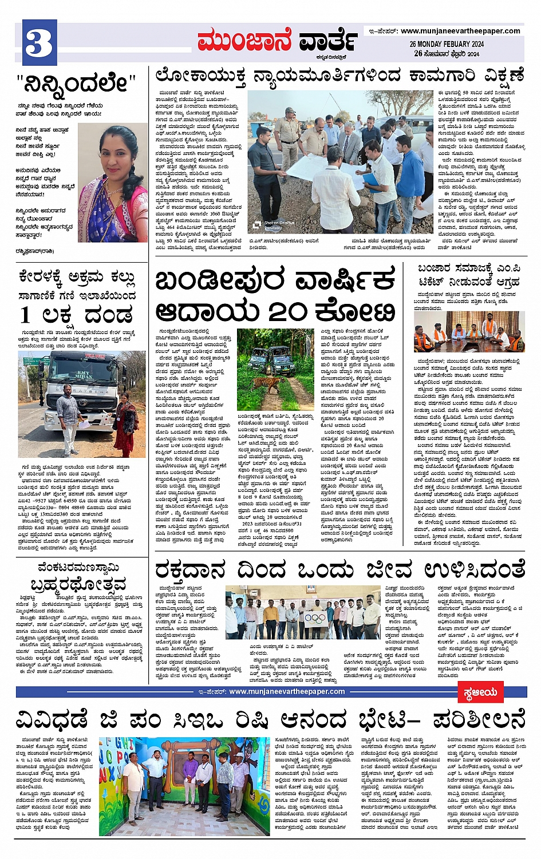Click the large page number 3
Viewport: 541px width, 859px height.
coord(40,43)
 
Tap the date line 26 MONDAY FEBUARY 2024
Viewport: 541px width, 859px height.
coord(447,44)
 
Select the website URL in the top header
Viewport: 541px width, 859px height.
coord(460,31)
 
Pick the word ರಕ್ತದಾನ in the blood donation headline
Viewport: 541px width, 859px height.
coord(190,571)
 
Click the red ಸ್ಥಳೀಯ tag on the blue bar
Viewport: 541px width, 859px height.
coord(480,692)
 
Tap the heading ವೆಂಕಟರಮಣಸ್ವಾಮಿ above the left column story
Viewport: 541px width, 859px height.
coord(78,567)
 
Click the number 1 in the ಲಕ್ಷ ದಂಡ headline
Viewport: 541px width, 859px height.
coord(26,315)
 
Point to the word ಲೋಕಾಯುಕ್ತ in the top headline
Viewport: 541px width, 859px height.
coord(200,76)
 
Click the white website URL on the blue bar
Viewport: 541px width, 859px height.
coord(286,692)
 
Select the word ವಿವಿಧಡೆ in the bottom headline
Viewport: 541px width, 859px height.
coord(52,719)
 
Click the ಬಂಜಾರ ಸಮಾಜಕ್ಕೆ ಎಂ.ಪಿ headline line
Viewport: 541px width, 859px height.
coord(469,268)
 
